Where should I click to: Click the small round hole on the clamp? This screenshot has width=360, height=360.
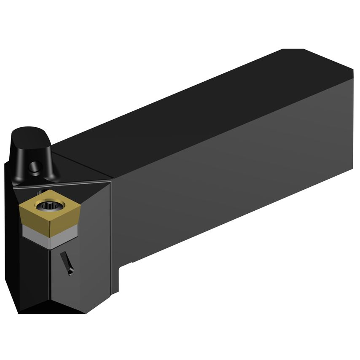34,168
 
